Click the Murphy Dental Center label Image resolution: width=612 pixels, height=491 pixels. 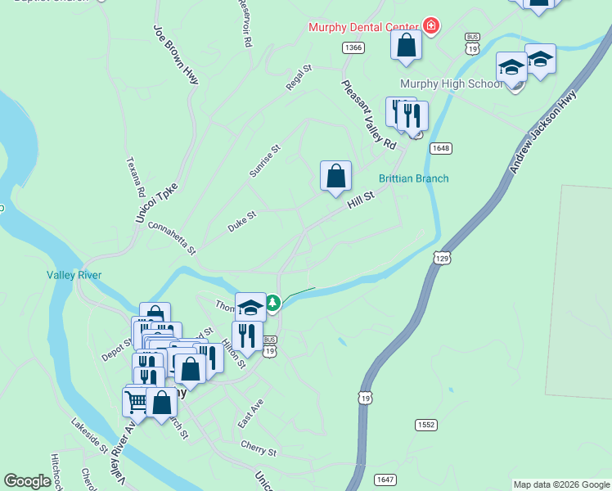pos(362,27)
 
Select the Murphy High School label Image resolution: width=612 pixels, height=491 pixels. pos(451,84)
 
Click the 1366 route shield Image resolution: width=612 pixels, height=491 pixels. pos(353,48)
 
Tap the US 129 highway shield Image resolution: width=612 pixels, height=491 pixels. pos(442,258)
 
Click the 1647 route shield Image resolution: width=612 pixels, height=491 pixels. pos(385,479)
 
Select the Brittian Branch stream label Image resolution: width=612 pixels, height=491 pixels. pos(413,179)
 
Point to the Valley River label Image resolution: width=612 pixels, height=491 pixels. pos(74,275)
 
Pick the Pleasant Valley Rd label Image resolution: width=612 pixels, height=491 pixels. pos(369,115)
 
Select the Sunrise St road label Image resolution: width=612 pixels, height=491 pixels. pos(264,161)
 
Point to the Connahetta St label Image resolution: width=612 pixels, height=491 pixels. pos(172,236)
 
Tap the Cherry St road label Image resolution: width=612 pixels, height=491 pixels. pos(259,449)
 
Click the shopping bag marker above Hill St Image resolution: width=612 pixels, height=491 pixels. pos(335,177)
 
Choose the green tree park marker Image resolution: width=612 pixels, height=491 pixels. pos(272,304)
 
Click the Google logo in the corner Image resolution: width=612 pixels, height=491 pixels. pos(27,481)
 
